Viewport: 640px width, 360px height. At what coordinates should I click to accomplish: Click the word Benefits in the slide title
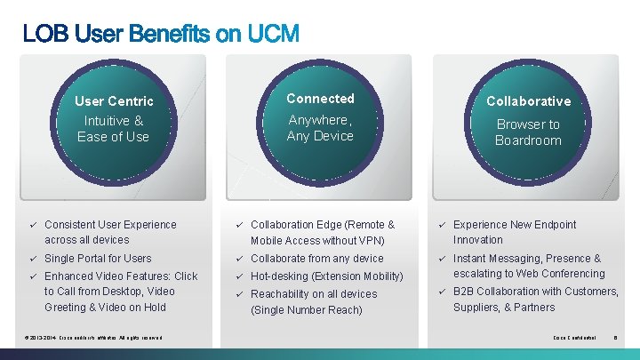coord(168,35)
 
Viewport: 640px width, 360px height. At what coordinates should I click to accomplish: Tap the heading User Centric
coord(114,101)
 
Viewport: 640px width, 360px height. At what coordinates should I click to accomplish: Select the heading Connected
coord(320,99)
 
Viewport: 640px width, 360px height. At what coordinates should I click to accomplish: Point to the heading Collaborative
coord(528,101)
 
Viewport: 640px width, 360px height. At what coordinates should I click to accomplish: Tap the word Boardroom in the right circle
coord(528,140)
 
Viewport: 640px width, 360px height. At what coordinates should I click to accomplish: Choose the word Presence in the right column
coord(568,259)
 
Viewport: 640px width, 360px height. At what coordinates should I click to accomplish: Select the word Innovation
coord(478,240)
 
